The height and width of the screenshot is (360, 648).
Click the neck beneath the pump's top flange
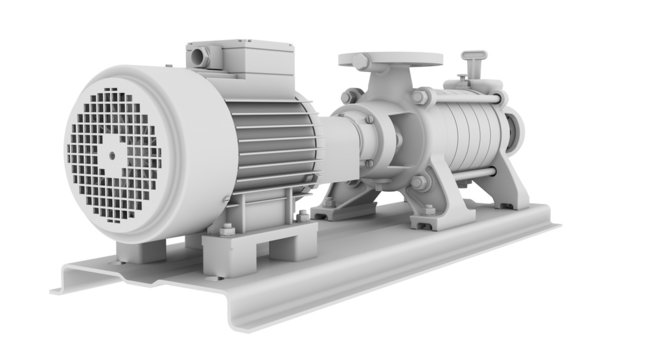point(380,81)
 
